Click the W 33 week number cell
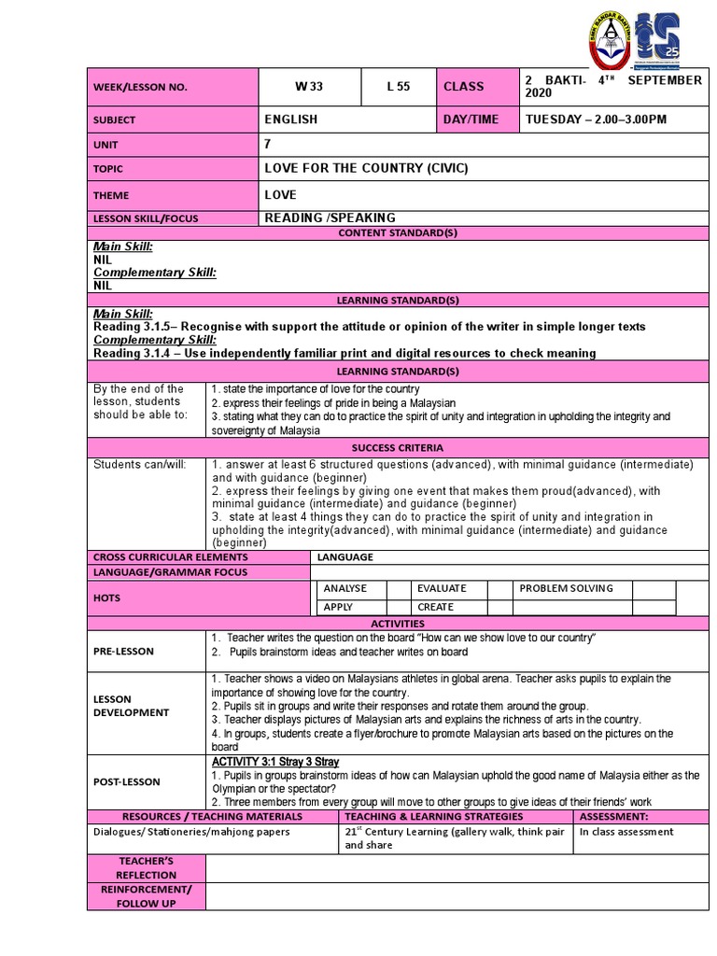(309, 87)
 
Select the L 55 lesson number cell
(399, 87)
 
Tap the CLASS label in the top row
(464, 87)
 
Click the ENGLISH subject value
(291, 119)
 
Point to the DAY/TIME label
(471, 119)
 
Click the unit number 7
(269, 145)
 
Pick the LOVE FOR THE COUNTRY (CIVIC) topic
(366, 169)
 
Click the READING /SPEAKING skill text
(330, 218)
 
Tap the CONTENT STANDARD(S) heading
(398, 233)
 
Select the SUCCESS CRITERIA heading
(398, 448)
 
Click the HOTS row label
(107, 597)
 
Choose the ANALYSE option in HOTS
(345, 588)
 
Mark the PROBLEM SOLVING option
(567, 588)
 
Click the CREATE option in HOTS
(436, 607)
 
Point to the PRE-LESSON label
(124, 651)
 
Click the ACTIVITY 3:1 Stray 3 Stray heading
(275, 762)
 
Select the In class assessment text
(626, 832)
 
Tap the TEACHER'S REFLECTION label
(146, 867)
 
